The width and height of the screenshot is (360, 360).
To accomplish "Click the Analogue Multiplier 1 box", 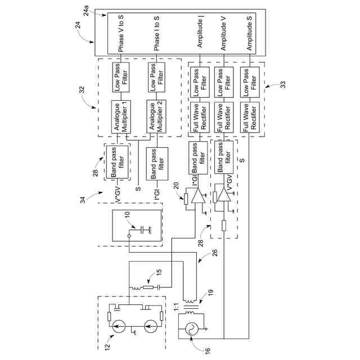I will [x=121, y=117].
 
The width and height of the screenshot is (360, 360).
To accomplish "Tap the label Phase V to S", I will [x=121, y=33].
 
